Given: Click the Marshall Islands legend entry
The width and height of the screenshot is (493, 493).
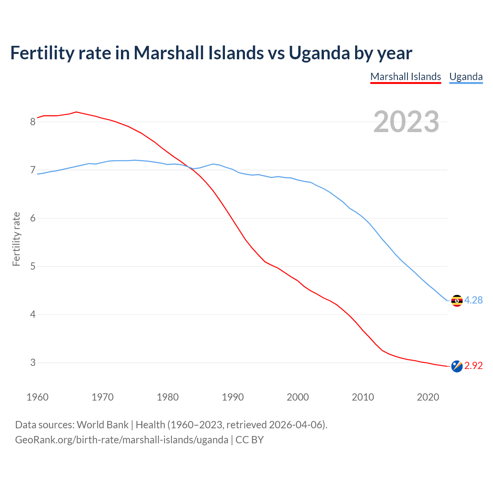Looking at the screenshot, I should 406,77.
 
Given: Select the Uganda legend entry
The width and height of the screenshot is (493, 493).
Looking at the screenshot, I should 466,77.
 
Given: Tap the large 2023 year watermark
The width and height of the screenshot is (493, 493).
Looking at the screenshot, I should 406,122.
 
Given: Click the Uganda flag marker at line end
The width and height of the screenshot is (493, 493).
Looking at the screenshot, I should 457,300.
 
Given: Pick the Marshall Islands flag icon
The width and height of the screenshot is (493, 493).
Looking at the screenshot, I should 457,366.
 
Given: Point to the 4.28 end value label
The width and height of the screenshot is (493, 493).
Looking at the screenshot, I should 473,300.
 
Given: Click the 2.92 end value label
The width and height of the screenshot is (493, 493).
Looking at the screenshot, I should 473,366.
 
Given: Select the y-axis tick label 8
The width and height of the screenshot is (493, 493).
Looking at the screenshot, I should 33,122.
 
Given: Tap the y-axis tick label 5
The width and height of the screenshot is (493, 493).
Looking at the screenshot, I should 33,267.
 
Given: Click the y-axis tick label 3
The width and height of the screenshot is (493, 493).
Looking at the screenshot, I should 33,363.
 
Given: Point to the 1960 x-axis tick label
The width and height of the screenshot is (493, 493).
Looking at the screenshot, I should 37,397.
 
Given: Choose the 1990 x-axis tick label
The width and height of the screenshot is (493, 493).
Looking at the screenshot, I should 233,397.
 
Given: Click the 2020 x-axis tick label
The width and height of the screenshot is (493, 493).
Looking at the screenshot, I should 428,397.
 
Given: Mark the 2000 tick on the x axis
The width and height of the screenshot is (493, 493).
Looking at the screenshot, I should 298,397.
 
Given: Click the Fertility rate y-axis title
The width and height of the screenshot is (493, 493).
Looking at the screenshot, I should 16,239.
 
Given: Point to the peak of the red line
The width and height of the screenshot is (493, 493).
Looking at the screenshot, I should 76,112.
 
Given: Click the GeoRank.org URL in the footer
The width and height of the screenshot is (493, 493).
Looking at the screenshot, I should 122,440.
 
